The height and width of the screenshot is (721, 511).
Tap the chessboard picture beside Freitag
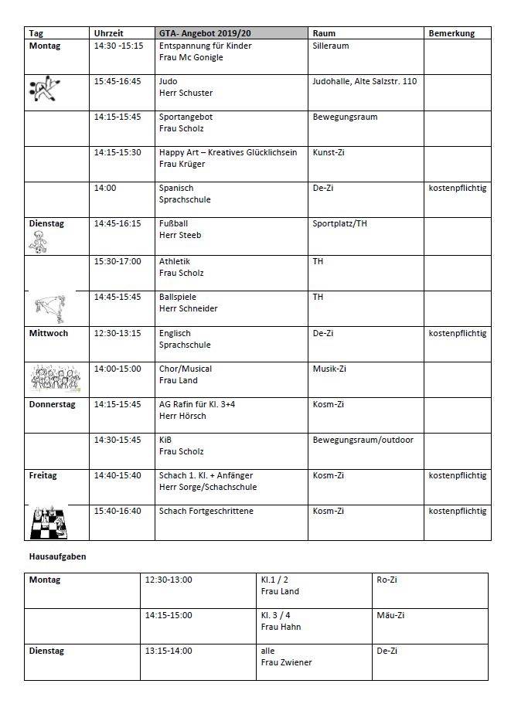(x=48, y=522)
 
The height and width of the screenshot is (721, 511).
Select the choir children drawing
(x=55, y=379)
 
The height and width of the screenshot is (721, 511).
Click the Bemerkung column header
(x=451, y=34)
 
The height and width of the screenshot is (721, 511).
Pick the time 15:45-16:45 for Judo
(x=118, y=81)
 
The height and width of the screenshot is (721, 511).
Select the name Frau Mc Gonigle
(x=190, y=58)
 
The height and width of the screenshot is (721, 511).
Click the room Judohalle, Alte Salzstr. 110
(x=364, y=81)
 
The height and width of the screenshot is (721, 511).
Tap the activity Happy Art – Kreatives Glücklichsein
(x=228, y=152)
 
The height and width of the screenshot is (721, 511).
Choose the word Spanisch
(x=176, y=188)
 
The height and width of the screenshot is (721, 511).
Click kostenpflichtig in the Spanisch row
(x=458, y=188)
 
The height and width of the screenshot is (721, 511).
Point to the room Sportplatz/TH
(x=340, y=223)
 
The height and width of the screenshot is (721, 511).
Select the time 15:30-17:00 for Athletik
(x=118, y=261)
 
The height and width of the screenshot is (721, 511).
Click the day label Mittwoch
(x=49, y=333)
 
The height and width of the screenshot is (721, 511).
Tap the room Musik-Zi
(x=329, y=369)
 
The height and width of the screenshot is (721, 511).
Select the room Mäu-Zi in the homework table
(x=390, y=615)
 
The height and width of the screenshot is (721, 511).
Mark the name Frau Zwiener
(x=287, y=662)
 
